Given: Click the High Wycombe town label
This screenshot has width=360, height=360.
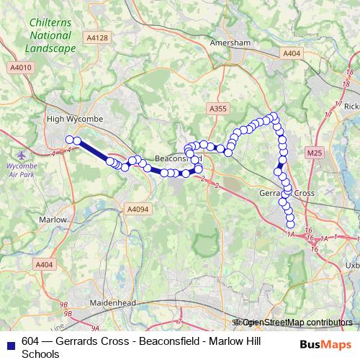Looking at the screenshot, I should coord(75,118).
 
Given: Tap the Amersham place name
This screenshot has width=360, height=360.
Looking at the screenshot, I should coord(230,43).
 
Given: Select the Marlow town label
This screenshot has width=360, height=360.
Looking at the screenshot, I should coord(53,220).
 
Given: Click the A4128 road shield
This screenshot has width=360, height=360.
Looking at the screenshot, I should coord(96,37).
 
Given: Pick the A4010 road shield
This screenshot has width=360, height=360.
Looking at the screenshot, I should coord(20,67).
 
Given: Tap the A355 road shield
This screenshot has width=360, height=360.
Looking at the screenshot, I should coord(217,108).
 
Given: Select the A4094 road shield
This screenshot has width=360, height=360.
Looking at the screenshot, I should coord(137,209).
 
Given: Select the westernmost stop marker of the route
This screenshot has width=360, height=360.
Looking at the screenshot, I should coord(69,140).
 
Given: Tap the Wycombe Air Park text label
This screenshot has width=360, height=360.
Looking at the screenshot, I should coord(21,170).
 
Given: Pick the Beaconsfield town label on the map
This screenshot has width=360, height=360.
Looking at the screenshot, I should coord(173,158).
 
